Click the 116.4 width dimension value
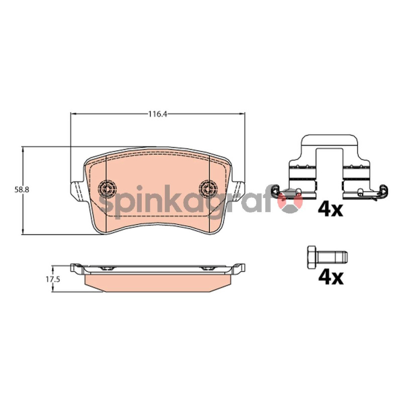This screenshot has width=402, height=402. (x=158, y=114)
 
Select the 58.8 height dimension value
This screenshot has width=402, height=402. (x=22, y=190)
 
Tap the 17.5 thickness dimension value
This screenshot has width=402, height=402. (x=53, y=279)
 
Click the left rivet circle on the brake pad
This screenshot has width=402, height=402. (x=107, y=189)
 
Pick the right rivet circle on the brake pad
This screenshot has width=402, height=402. (x=209, y=189)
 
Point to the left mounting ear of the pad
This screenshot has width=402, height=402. (x=76, y=190)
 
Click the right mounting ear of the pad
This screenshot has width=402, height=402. (x=239, y=190)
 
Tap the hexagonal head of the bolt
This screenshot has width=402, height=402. (x=312, y=257)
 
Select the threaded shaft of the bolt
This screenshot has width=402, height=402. (x=332, y=257)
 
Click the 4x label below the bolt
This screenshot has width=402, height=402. (x=331, y=278)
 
